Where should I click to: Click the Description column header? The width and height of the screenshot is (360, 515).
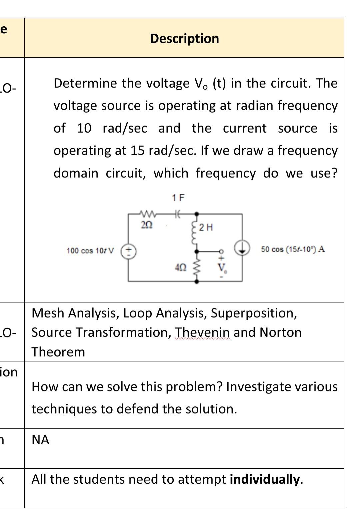tap(184, 38)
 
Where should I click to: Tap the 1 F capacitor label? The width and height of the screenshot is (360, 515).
tap(178, 198)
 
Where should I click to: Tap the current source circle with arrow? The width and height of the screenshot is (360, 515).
tap(242, 248)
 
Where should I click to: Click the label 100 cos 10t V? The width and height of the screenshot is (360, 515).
tap(90, 251)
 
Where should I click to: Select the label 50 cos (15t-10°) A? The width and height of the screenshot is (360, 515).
tap(293, 250)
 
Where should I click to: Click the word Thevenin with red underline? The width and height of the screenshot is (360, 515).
tap(203, 332)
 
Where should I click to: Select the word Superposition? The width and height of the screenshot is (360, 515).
tap(254, 313)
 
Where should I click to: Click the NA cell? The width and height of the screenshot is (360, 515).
tap(40, 440)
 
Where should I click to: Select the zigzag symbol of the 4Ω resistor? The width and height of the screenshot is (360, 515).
tap(197, 266)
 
